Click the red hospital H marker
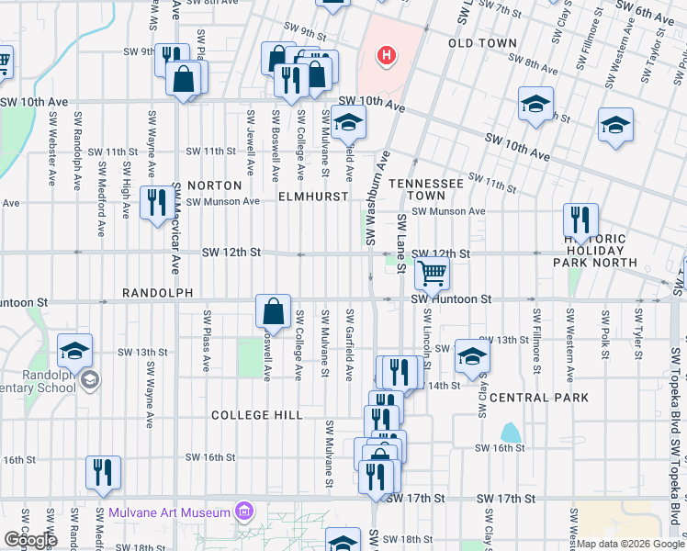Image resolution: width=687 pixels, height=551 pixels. tap(387, 56)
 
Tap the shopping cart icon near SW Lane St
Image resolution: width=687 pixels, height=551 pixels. tap(432, 273)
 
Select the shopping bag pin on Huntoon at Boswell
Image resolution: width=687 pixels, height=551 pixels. tap(274, 310)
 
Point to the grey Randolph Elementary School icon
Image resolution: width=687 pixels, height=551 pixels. tap(89, 378)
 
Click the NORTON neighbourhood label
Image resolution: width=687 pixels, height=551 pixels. tap(214, 186)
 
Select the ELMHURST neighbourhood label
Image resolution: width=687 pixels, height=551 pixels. tap(313, 197)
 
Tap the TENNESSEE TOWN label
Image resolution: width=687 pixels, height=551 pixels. tap(425, 189)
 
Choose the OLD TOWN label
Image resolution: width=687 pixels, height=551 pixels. tap(478, 43)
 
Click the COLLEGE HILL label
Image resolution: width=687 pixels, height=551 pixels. tap(257, 415)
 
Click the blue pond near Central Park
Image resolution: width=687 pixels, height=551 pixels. tap(510, 432)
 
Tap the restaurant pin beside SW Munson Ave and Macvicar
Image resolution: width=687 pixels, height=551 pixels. tap(155, 203)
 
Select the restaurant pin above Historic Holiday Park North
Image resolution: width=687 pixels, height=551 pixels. tap(580, 220)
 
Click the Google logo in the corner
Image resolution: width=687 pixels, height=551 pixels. tap(30, 540)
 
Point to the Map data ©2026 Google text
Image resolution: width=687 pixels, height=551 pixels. tap(629, 544)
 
